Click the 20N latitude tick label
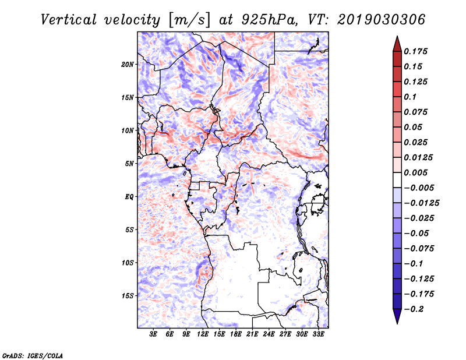click(x=128, y=65)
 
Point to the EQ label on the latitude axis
click(x=129, y=197)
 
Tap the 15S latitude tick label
click(x=128, y=296)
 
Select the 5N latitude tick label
click(x=129, y=164)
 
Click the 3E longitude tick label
click(x=153, y=334)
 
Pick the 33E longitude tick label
click(x=318, y=334)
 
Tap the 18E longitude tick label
click(x=236, y=334)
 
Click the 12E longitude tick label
click(x=203, y=334)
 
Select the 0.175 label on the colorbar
click(x=415, y=51)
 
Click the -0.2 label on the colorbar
click(x=414, y=309)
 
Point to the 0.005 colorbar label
click(x=415, y=172)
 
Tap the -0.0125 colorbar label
click(x=421, y=203)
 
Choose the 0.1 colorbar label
click(x=410, y=97)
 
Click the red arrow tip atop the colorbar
click(x=397, y=37)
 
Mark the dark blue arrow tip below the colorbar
click(x=397, y=323)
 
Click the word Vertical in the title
click(x=69, y=20)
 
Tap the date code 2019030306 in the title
click(x=382, y=20)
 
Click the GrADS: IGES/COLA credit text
click(x=33, y=356)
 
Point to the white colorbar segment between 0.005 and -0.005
click(x=397, y=180)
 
